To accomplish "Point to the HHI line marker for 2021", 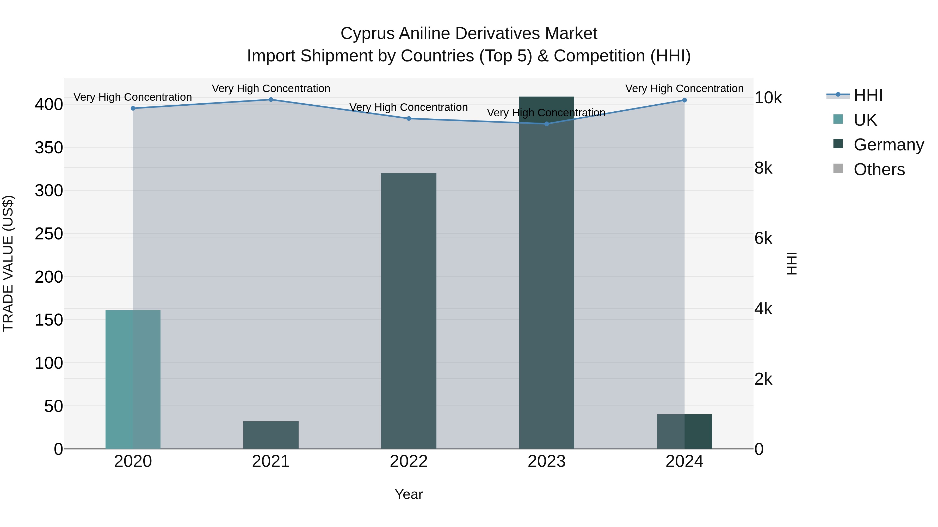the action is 271,100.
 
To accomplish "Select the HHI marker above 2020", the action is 133,108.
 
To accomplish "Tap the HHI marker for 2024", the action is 684,100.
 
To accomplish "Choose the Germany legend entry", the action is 888,145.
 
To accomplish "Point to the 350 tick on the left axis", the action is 49,148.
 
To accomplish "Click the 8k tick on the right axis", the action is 763,168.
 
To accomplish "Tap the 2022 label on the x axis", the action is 409,461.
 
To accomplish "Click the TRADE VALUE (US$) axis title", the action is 8,263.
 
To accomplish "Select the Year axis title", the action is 409,494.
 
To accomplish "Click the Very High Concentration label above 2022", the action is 409,107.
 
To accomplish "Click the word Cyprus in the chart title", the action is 367,34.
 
